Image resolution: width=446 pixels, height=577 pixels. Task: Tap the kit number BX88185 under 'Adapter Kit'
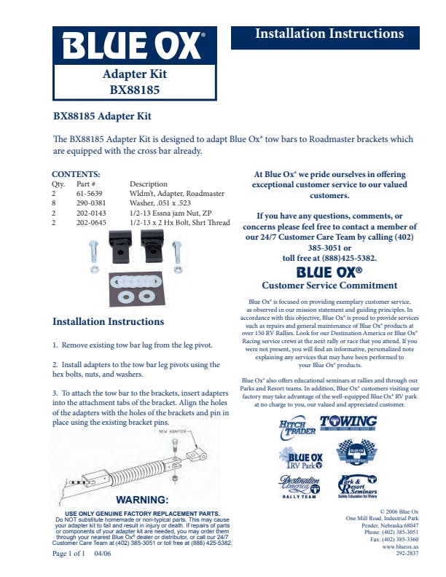135,90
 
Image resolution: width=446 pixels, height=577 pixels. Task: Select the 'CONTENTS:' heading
76,174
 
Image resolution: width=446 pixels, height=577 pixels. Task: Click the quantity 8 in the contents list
53,204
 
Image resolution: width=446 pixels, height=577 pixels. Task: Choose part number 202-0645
91,223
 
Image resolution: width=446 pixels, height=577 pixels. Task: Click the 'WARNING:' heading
143,500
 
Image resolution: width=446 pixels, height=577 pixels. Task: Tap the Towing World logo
349,423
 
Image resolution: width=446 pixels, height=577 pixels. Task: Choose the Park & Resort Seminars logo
356,487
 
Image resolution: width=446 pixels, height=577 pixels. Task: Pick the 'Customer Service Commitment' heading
329,286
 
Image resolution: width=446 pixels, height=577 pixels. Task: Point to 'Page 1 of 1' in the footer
69,554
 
